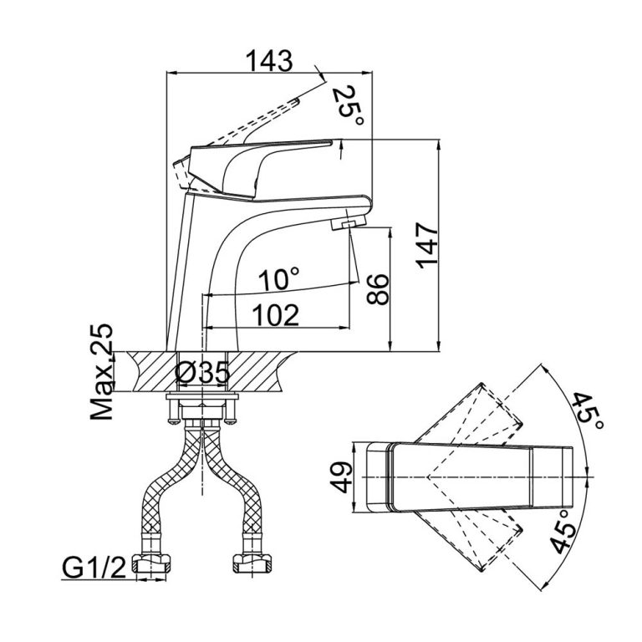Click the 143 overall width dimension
pyautogui.click(x=270, y=61)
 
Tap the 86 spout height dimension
pyautogui.click(x=378, y=289)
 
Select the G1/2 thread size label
pyautogui.click(x=93, y=570)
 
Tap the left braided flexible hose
pyautogui.click(x=167, y=493)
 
